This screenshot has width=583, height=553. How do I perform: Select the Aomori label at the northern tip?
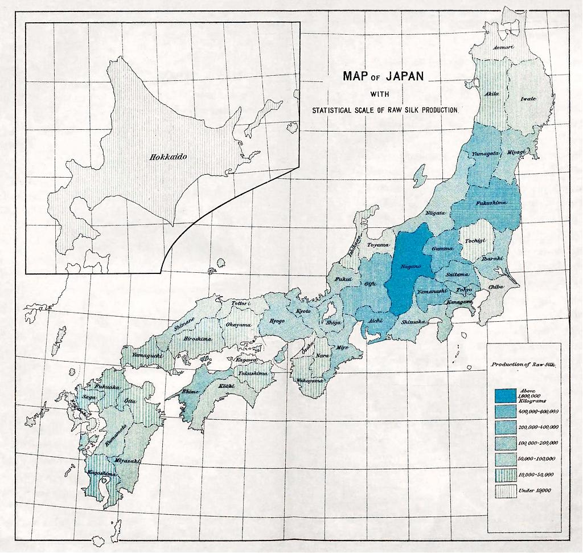tap(503, 47)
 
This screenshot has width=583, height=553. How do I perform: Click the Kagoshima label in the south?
tap(102, 473)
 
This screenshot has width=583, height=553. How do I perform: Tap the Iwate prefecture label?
tap(528, 99)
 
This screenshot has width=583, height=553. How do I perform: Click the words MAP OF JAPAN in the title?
tap(383, 76)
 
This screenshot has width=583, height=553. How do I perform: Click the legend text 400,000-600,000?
tap(537, 411)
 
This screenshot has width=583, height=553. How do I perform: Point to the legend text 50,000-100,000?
tap(537, 458)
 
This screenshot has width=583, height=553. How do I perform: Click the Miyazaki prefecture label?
tap(126, 460)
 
